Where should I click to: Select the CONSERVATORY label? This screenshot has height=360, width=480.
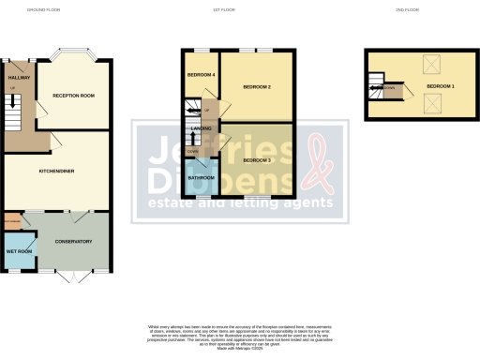(73, 242)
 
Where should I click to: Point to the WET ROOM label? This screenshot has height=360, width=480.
(19, 251)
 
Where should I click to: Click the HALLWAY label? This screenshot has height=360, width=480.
(19, 77)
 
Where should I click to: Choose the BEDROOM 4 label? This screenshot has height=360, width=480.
(201, 75)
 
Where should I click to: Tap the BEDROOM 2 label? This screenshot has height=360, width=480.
(257, 87)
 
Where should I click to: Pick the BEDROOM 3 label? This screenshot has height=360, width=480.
(257, 160)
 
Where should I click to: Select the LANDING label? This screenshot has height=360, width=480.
(202, 128)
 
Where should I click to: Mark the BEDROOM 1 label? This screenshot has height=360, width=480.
(440, 86)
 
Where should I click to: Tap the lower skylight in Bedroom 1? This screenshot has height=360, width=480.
(434, 108)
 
